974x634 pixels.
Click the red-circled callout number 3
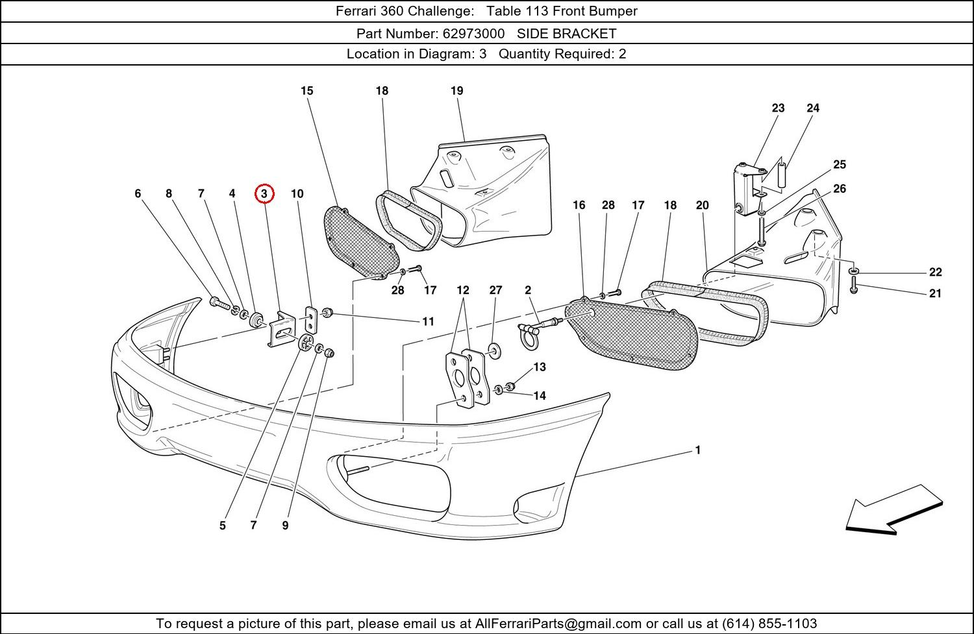[264, 193]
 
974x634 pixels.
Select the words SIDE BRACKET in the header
[566, 33]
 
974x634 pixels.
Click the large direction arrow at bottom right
[893, 510]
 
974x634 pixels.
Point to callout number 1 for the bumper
[698, 450]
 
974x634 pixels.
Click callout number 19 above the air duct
[457, 91]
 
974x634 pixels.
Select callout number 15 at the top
[307, 91]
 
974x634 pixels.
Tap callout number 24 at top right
[813, 108]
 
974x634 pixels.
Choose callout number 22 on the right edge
[935, 272]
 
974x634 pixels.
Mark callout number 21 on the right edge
[935, 293]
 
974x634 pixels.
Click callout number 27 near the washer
[495, 290]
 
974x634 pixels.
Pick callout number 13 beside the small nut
[540, 367]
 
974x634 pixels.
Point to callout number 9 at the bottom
[285, 526]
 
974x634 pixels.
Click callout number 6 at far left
[138, 193]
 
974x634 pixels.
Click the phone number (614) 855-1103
[769, 624]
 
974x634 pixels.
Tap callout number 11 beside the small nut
[429, 321]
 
